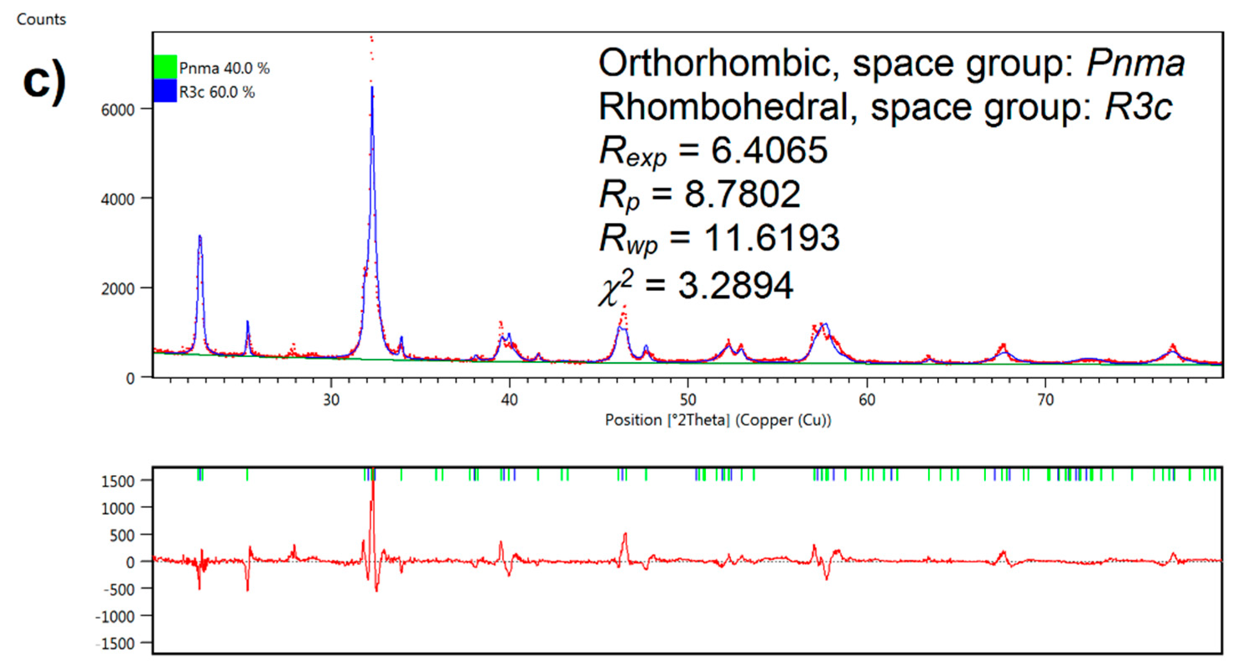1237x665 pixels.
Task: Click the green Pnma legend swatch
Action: pyautogui.click(x=165, y=67)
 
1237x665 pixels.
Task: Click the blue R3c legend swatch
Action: pyautogui.click(x=165, y=91)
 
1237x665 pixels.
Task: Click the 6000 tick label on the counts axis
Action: pyautogui.click(x=118, y=110)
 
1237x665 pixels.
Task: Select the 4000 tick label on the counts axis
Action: pyautogui.click(x=118, y=199)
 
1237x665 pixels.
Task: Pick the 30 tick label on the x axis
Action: pyautogui.click(x=331, y=400)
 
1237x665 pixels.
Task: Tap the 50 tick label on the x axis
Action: pyautogui.click(x=687, y=400)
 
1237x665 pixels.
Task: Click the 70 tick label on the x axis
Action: pyautogui.click(x=1045, y=400)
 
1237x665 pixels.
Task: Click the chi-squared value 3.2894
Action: pyautogui.click(x=735, y=286)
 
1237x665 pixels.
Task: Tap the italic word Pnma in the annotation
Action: pyautogui.click(x=1135, y=63)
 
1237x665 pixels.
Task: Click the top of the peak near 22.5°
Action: pyautogui.click(x=200, y=236)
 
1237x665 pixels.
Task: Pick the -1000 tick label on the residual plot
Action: pyautogui.click(x=115, y=616)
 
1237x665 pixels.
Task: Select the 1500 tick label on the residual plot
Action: pyautogui.click(x=118, y=481)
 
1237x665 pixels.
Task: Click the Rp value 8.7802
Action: pyautogui.click(x=742, y=194)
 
